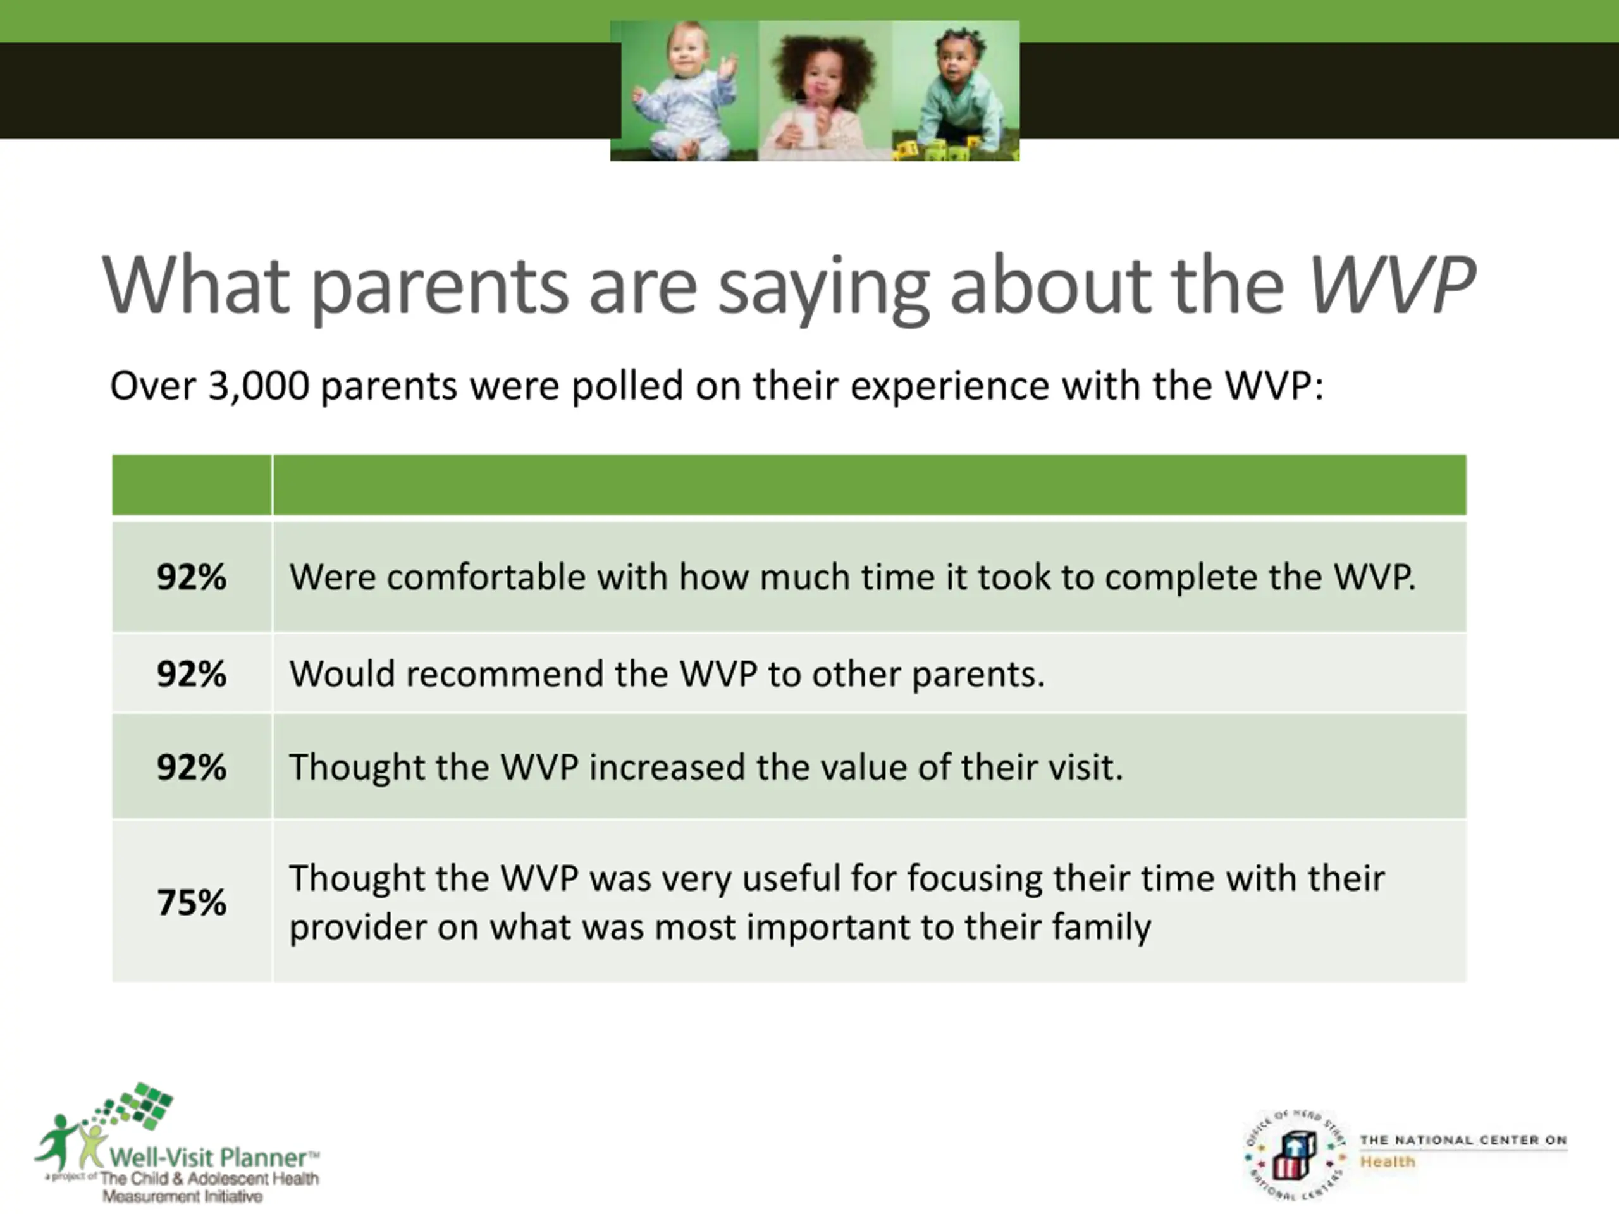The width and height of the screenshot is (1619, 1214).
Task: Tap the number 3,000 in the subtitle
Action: pyautogui.click(x=259, y=386)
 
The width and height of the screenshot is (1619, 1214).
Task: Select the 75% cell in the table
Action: pyautogui.click(x=192, y=902)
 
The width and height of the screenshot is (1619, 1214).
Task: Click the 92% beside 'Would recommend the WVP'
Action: pyautogui.click(x=192, y=673)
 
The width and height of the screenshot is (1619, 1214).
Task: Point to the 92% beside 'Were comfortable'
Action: pyautogui.click(x=192, y=577)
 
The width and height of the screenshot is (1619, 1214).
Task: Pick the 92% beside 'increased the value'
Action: pyautogui.click(x=192, y=767)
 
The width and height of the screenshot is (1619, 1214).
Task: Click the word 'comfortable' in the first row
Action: pyautogui.click(x=486, y=577)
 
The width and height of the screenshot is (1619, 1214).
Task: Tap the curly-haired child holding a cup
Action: pyautogui.click(x=824, y=95)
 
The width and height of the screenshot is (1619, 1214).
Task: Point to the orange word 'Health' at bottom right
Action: pyautogui.click(x=1388, y=1162)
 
